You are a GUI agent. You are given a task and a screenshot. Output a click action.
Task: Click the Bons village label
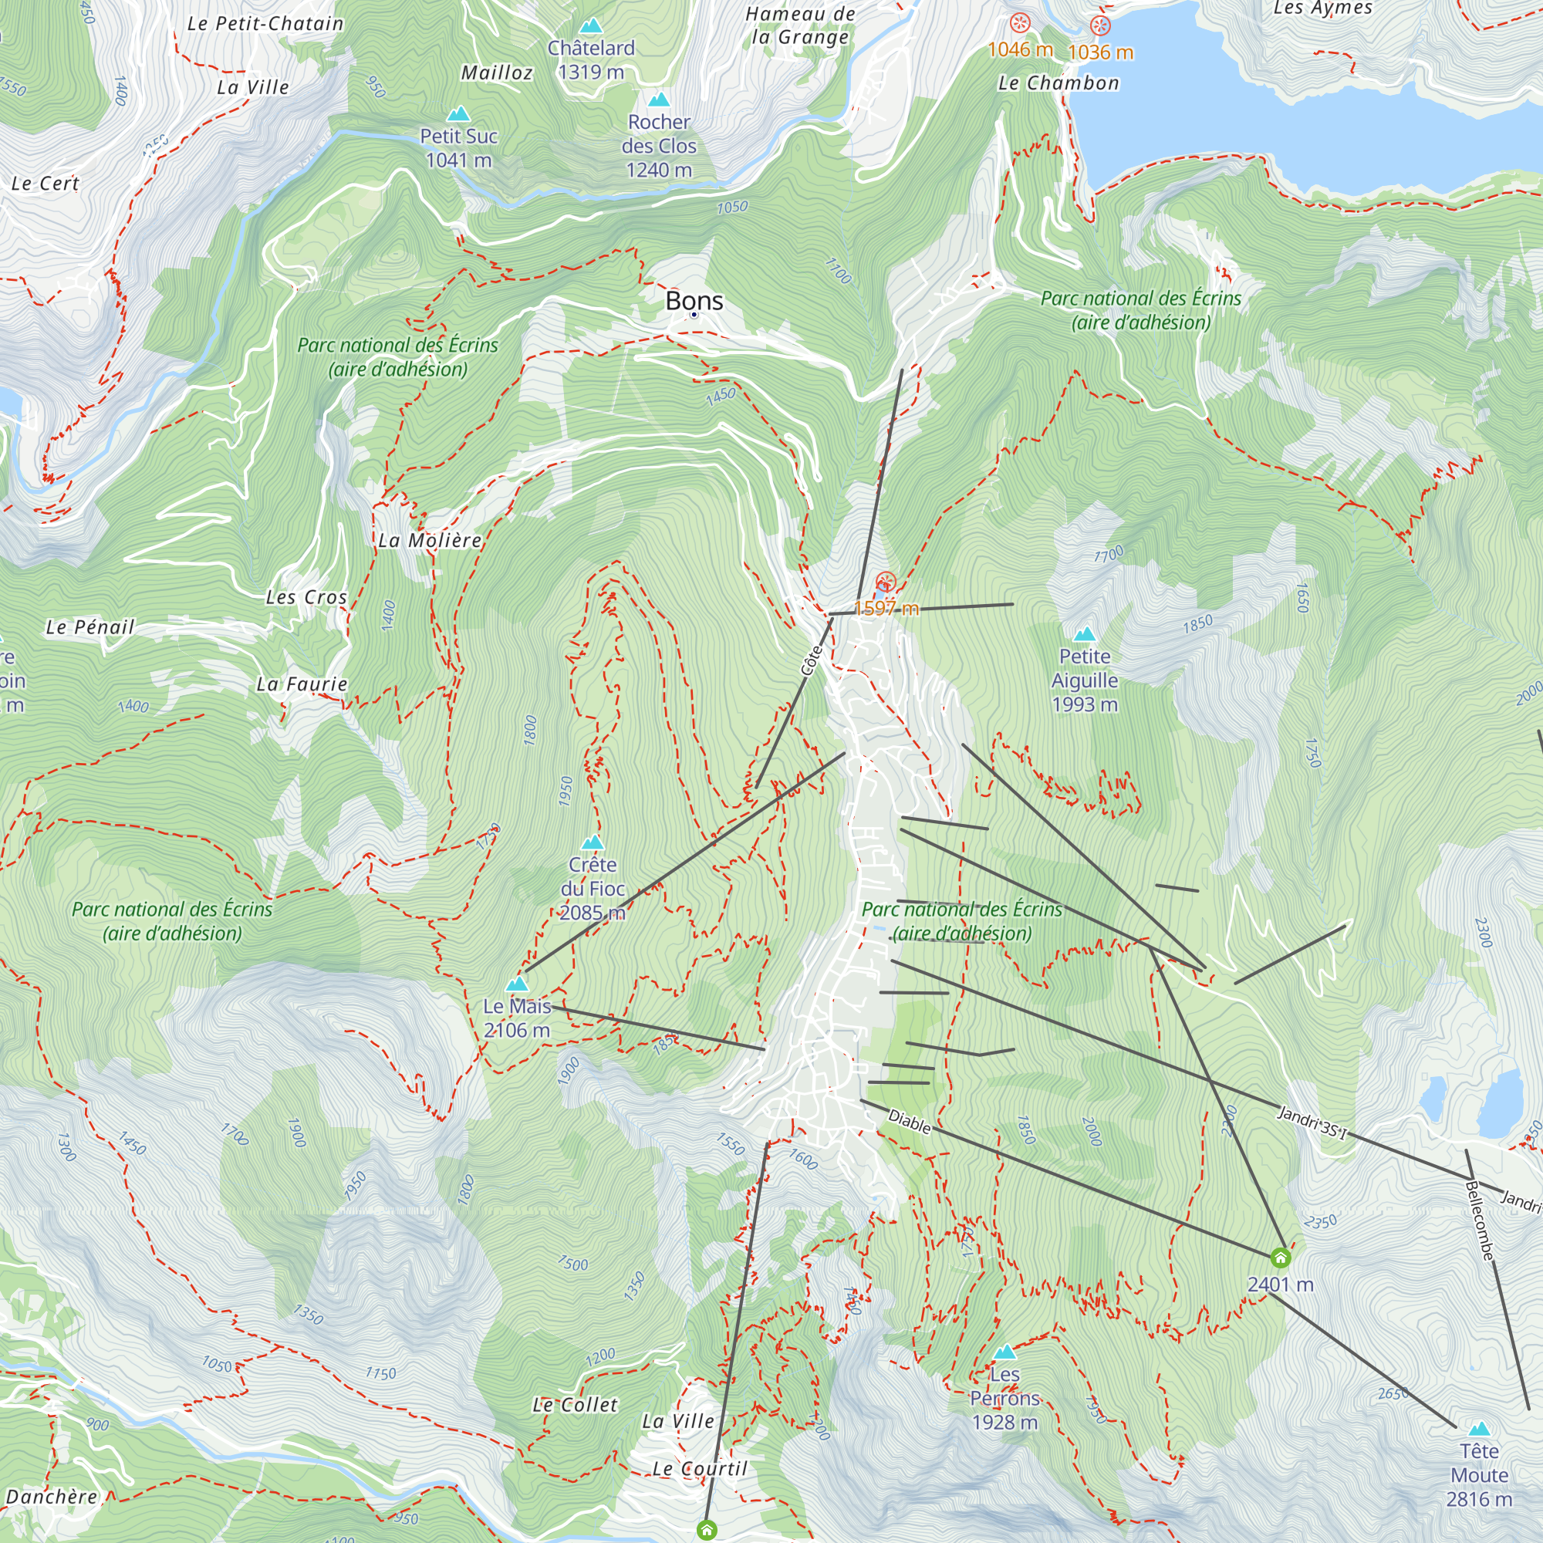(694, 301)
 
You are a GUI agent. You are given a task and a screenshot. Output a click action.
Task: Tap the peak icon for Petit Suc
(458, 114)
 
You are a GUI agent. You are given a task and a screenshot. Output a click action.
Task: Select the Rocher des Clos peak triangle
(659, 100)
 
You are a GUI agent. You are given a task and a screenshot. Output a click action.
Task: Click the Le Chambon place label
(1058, 83)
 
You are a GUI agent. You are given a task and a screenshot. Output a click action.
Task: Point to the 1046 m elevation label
(1020, 49)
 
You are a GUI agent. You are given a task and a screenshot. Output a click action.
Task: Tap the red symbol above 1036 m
(1101, 25)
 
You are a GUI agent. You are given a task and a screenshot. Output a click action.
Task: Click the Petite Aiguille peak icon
(1085, 635)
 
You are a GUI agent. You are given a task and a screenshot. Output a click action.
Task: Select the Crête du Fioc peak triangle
(593, 843)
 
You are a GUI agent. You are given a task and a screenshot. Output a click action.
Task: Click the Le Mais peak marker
(518, 984)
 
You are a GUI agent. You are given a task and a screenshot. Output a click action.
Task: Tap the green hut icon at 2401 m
(1280, 1258)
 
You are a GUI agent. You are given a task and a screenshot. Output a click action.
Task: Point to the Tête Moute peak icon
(1479, 1429)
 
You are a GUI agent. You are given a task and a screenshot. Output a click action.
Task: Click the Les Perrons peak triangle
(1004, 1352)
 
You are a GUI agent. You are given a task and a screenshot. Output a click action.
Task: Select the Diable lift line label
(910, 1122)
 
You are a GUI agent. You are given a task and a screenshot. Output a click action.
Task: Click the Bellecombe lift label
(1479, 1221)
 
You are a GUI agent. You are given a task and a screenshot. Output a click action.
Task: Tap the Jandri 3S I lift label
(1312, 1122)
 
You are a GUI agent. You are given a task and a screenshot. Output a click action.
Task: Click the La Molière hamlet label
(430, 541)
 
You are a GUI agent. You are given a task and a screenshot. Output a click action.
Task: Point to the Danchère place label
(51, 1497)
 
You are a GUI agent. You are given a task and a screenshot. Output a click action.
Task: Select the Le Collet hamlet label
(575, 1405)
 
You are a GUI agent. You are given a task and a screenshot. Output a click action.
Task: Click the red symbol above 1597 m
(886, 582)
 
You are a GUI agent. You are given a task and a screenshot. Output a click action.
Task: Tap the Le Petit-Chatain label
(265, 24)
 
